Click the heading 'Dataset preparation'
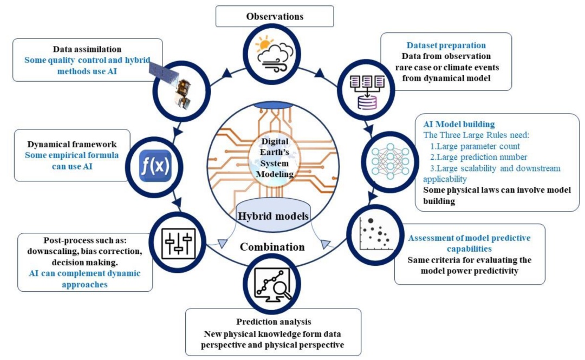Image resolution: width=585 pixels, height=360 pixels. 447,45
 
